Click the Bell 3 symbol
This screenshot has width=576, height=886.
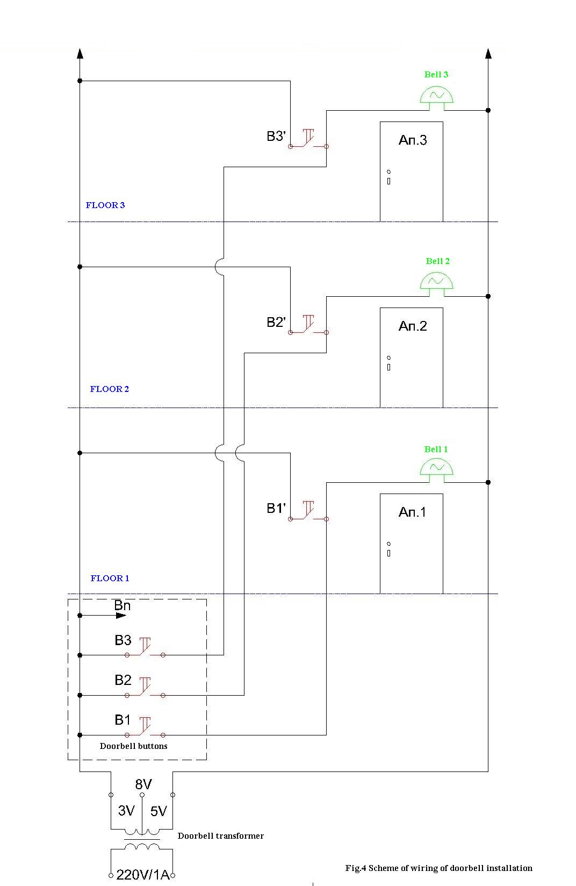(x=436, y=96)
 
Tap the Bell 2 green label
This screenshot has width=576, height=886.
(x=437, y=261)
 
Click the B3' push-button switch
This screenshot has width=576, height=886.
(x=308, y=140)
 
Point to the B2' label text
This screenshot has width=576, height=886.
(x=276, y=322)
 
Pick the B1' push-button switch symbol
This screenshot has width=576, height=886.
(x=308, y=512)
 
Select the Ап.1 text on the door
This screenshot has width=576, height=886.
(x=412, y=512)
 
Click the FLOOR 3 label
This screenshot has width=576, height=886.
(x=105, y=205)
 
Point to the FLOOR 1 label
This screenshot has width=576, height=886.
(x=110, y=578)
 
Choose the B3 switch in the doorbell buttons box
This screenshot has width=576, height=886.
(x=145, y=649)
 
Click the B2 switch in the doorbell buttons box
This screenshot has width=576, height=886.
(x=145, y=689)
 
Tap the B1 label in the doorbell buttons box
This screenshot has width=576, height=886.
(x=123, y=720)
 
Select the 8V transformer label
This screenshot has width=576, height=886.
(x=143, y=784)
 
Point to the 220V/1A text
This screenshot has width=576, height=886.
(x=142, y=875)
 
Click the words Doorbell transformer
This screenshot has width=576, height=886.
(x=221, y=836)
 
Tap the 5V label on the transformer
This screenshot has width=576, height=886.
(x=159, y=811)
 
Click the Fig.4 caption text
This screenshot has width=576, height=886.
(x=438, y=868)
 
